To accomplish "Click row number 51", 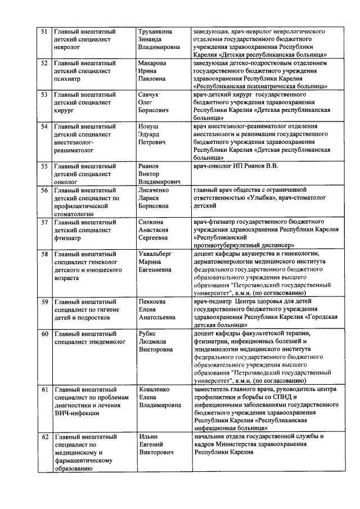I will [x=44, y=31].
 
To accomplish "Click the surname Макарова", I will [x=152, y=63].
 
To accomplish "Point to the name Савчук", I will [x=150, y=95].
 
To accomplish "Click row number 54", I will [x=44, y=127].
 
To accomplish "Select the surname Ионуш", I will [x=148, y=127].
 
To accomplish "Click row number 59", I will [x=44, y=301].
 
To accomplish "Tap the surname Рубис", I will [x=148, y=333].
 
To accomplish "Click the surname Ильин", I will [x=148, y=436].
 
